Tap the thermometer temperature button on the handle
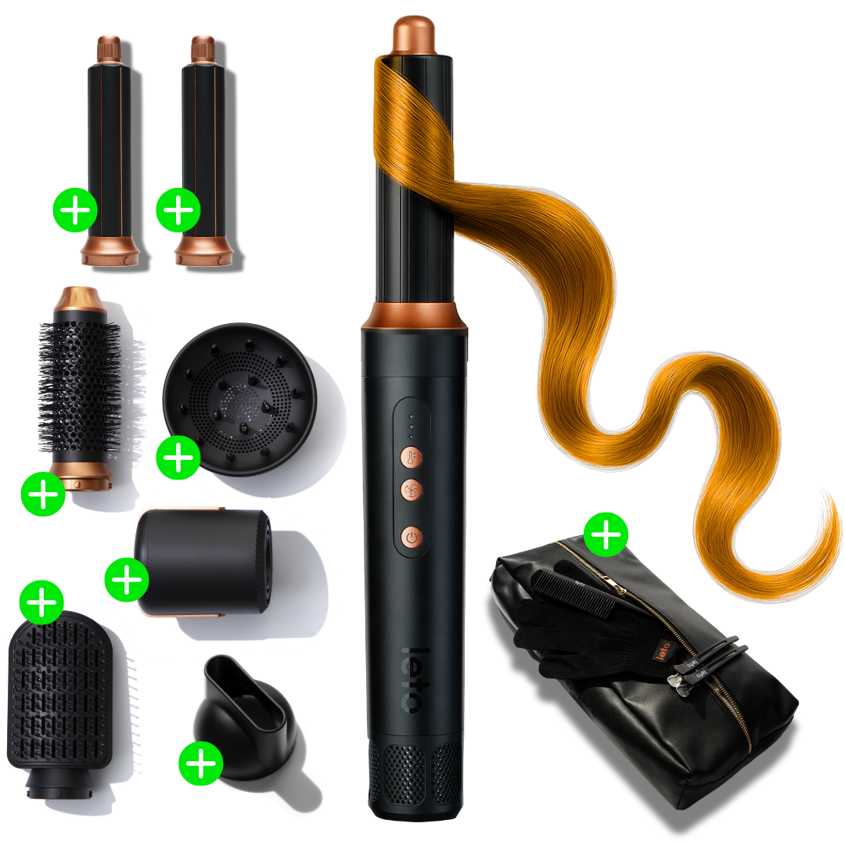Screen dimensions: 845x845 click(x=412, y=458)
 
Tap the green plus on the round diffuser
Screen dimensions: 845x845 click(x=178, y=457)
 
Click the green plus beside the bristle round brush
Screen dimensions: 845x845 click(x=43, y=493)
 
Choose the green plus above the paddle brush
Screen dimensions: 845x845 click(x=41, y=602)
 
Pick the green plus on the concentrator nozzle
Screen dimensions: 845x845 click(x=201, y=763)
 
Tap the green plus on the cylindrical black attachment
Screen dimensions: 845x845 click(x=127, y=579)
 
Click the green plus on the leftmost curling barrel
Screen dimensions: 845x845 click(x=74, y=210)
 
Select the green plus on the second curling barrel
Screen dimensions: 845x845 click(x=178, y=210)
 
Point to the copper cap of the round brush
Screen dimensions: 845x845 click(x=76, y=298)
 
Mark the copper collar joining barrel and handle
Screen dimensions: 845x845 click(x=415, y=315)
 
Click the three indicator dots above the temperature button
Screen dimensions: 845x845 click(x=412, y=426)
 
